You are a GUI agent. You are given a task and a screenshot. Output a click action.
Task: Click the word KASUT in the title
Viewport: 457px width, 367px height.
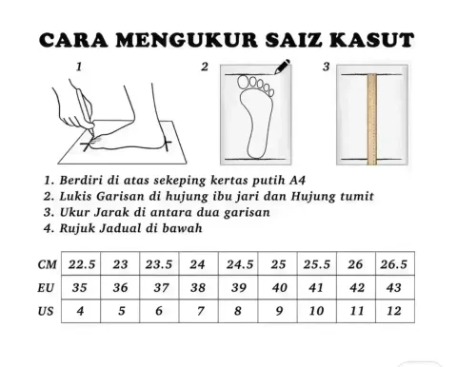(x=371, y=40)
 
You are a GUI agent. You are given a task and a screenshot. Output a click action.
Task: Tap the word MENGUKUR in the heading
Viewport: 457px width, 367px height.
(x=187, y=40)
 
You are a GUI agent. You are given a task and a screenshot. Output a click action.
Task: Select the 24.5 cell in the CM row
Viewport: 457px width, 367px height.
(x=238, y=263)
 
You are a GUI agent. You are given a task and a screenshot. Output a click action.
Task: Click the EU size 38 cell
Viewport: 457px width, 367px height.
(x=199, y=287)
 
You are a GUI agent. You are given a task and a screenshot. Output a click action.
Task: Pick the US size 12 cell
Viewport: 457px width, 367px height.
(x=395, y=311)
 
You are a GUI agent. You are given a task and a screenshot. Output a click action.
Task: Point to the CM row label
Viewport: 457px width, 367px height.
(x=47, y=264)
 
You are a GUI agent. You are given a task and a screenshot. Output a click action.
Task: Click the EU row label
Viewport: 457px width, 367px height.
(x=46, y=288)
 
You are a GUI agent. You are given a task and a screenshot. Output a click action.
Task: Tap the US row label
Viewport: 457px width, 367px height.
(x=46, y=312)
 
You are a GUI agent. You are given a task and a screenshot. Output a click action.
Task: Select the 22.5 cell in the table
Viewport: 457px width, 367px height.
(x=81, y=263)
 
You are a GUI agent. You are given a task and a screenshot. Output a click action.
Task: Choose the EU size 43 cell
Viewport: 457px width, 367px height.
(x=395, y=287)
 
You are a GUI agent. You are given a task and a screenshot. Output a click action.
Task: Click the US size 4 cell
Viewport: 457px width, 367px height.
(x=81, y=311)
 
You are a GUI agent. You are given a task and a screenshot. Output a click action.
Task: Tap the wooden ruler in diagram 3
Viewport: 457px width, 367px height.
(x=372, y=119)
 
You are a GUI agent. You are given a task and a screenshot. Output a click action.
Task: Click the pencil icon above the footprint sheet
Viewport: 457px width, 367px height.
(x=282, y=67)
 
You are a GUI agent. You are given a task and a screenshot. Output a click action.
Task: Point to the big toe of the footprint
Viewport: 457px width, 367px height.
(x=244, y=83)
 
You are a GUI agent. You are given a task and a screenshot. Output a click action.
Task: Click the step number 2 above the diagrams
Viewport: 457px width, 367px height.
(x=205, y=67)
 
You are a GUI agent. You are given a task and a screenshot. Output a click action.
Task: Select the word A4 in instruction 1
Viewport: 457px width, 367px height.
(x=297, y=181)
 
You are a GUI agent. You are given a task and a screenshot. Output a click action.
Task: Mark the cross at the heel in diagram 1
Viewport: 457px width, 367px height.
(x=167, y=145)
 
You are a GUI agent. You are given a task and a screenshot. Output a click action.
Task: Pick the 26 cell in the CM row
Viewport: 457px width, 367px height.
(x=356, y=263)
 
